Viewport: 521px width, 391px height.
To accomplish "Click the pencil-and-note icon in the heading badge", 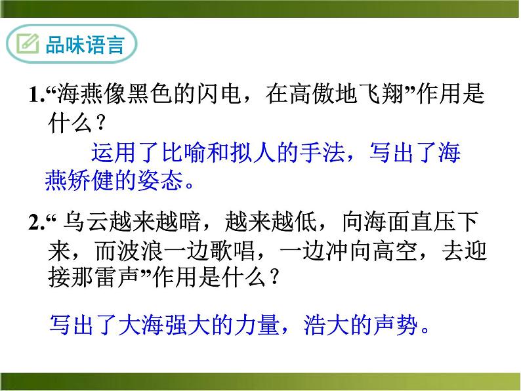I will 28,45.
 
